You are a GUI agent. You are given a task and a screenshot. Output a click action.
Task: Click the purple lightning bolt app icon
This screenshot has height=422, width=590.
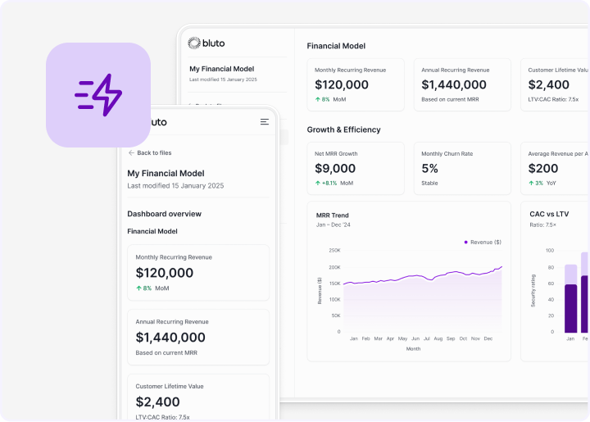tap(98, 95)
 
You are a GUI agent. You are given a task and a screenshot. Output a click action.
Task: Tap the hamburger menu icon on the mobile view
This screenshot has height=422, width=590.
tap(264, 121)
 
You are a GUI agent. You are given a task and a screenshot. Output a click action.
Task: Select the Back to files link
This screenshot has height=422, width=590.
tap(150, 153)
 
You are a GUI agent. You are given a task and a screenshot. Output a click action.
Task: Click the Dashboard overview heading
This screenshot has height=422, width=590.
tap(164, 214)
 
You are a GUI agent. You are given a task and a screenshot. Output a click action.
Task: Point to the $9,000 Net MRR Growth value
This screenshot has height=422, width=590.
tap(336, 169)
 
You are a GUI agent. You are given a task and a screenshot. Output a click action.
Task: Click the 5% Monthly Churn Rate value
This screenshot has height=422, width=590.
tap(430, 169)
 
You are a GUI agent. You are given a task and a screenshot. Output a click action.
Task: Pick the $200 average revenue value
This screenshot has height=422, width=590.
tap(543, 169)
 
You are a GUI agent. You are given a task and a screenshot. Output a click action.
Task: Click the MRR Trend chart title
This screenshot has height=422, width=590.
tap(333, 215)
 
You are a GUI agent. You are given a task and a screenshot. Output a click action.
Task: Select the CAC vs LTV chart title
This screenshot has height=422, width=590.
tap(549, 214)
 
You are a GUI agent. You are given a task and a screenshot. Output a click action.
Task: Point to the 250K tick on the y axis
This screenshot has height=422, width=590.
tap(334, 251)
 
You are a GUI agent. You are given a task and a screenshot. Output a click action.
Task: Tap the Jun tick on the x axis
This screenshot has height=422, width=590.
tap(415, 338)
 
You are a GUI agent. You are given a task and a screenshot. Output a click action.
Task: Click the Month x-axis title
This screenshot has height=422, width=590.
tap(414, 348)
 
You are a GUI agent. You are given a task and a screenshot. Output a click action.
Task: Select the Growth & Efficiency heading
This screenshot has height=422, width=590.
tap(343, 129)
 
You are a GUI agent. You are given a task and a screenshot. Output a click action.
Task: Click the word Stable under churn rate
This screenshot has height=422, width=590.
tap(429, 184)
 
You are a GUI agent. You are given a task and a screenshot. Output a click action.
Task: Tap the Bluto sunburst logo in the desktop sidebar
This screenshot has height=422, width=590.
tap(194, 43)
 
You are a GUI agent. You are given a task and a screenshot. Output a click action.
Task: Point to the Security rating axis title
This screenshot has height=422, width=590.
tap(533, 290)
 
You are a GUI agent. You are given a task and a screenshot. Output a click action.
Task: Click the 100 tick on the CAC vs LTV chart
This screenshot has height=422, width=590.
tap(549, 251)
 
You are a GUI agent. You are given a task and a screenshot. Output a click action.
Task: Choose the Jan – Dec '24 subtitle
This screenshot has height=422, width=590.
tap(334, 225)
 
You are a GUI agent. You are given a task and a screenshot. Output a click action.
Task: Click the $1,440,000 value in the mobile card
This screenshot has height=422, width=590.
tap(170, 338)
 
